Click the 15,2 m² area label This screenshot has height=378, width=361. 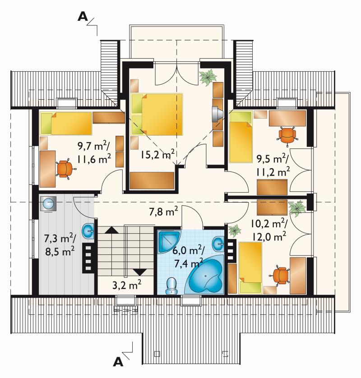tap(157, 154)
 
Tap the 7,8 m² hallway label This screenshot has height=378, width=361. tap(163, 212)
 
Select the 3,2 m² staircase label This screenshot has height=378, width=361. tap(127, 285)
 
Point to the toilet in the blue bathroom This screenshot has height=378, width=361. tap(171, 286)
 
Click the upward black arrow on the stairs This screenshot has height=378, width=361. tap(111, 230)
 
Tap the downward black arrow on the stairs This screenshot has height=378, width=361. tap(140, 272)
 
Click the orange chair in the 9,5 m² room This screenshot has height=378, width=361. tap(287, 136)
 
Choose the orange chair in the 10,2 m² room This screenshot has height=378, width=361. tap(280, 276)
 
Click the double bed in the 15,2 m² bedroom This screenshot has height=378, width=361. tap(157, 114)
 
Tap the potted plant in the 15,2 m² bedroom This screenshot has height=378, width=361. tap(208, 77)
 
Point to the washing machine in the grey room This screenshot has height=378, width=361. tap(48, 204)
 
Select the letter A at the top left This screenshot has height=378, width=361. tap(83, 17)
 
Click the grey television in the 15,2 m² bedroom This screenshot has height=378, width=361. tap(217, 113)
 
